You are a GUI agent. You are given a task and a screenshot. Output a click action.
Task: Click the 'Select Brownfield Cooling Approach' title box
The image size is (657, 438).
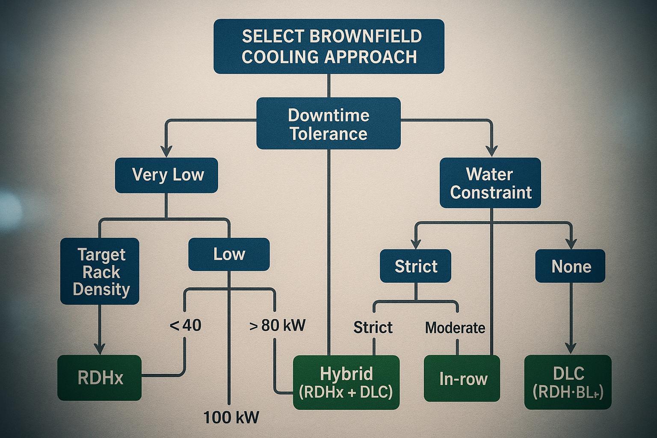pos(328,46)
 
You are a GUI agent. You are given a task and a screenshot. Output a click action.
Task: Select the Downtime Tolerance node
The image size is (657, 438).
pos(328,124)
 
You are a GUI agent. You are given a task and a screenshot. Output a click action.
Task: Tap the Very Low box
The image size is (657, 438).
pos(166,175)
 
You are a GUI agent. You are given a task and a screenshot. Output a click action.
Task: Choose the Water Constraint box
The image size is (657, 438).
pos(490,183)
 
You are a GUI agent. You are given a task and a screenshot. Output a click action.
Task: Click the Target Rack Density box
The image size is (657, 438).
pos(100,271)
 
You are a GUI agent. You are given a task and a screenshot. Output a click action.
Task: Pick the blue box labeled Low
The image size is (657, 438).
pos(229,255)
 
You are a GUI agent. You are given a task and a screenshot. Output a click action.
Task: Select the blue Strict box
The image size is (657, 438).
pos(415,266)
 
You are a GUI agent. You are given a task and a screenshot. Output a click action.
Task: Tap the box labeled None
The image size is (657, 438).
pos(570,266)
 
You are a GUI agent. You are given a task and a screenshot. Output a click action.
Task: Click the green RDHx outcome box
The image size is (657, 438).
pos(99,378)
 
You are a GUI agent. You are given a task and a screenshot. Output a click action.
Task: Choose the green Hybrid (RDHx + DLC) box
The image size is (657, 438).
pos(346,382)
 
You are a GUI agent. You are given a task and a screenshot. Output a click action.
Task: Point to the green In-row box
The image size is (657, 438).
pos(462,379)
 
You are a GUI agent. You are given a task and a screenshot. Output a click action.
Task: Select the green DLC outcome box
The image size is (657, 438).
pos(568,382)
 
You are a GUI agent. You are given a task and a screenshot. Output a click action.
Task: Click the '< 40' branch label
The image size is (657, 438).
pos(185,326)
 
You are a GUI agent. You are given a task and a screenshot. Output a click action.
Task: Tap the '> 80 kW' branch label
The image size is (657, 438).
pos(277,326)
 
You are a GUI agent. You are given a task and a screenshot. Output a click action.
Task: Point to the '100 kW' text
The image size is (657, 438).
pos(231,417)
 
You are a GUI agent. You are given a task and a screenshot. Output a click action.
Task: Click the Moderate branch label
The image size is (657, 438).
pos(455,328)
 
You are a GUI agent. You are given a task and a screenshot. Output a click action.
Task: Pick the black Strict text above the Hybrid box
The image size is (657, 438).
pos(373,328)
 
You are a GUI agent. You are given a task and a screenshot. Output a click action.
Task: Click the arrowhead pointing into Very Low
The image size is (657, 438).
pos(166,152)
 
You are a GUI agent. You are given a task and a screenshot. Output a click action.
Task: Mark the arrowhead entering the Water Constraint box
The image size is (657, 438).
pos(492,151)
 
